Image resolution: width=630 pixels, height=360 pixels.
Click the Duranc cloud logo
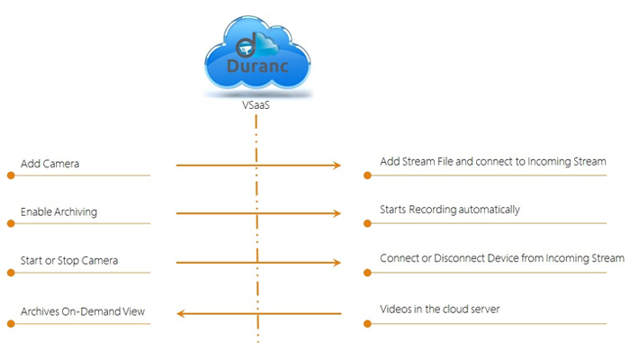tap(257, 53)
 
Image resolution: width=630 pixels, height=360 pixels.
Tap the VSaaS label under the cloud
tap(256, 105)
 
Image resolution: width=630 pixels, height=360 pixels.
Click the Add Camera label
tap(49, 164)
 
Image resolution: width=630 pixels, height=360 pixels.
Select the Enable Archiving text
tap(58, 212)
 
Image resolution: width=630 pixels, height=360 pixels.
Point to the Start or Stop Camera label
tap(69, 261)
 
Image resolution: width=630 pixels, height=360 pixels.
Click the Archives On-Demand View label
tap(83, 311)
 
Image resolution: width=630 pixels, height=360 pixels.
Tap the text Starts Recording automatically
tap(450, 210)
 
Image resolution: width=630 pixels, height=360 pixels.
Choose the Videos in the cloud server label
tap(439, 310)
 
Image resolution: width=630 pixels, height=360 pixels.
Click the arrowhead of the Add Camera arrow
tap(337, 165)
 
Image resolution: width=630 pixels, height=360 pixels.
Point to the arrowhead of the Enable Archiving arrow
tap(337, 213)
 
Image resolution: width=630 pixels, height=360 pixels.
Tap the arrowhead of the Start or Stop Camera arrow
tap(337, 263)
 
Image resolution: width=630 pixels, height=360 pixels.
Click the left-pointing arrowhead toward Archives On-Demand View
tap(180, 313)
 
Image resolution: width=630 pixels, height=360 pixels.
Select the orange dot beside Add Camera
tap(11, 175)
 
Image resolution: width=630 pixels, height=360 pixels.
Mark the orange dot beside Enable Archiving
tap(11, 223)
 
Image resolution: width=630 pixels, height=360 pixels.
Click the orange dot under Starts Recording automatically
tap(367, 223)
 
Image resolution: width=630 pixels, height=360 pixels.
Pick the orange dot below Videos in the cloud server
tap(367, 323)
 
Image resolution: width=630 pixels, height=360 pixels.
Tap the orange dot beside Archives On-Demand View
tap(11, 323)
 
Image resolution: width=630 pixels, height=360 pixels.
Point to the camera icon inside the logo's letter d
tap(244, 49)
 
